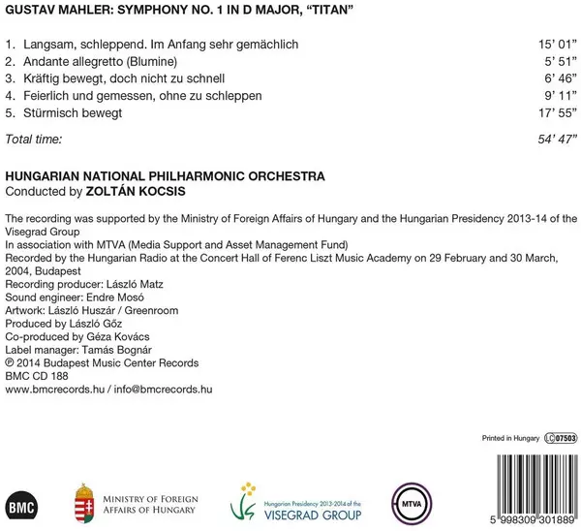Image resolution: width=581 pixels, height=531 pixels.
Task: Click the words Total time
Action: [33, 140]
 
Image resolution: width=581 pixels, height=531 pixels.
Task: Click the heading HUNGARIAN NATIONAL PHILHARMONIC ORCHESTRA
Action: [165, 175]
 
